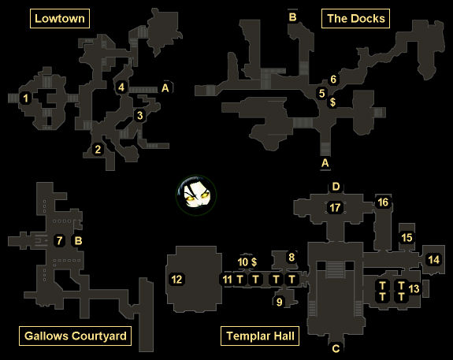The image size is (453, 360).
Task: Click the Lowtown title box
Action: click(60, 18)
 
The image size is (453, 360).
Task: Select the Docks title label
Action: click(355, 18)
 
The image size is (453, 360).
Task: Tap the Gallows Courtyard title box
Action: click(75, 336)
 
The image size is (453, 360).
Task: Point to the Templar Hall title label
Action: click(260, 336)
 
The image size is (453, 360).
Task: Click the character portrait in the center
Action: click(196, 195)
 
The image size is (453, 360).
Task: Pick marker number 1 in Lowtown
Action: click(26, 98)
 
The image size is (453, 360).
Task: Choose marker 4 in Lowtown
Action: click(121, 87)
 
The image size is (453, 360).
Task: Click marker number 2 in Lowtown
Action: click(98, 149)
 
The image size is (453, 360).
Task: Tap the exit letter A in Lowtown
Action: click(165, 87)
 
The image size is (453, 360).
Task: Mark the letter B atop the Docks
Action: click(292, 17)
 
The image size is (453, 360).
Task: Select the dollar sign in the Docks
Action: click(332, 102)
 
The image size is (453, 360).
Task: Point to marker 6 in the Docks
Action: click(333, 79)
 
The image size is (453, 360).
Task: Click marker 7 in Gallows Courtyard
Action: click(59, 240)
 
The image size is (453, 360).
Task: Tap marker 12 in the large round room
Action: click(176, 279)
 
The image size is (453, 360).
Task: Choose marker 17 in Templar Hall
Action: click(335, 207)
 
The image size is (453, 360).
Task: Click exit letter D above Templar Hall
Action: click(336, 187)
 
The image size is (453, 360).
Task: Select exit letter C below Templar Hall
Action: click(336, 348)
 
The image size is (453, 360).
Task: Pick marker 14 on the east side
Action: click(433, 259)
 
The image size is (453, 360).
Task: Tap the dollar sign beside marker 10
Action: click(254, 262)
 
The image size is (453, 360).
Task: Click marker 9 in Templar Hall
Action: click(279, 302)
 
